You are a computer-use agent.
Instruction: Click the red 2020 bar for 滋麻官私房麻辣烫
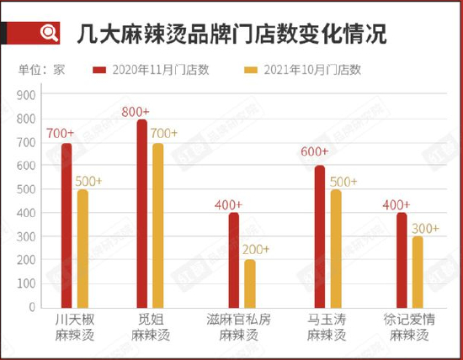coord(234,262)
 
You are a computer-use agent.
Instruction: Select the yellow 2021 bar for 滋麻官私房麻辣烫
coord(250,285)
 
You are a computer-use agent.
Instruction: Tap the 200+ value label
coord(255,249)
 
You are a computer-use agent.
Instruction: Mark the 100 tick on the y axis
coord(26,284)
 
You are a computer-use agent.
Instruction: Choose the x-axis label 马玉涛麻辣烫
coord(326,327)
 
